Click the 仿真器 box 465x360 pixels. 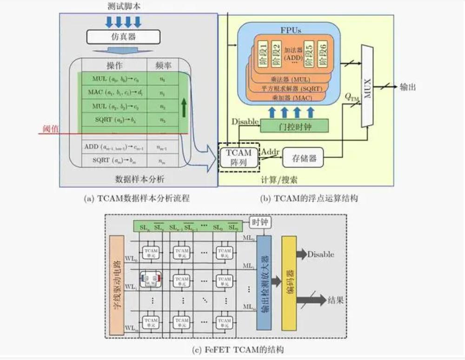click(123, 36)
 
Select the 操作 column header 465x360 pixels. click(114, 65)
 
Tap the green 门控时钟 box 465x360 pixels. click(294, 125)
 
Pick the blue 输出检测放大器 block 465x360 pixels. click(264, 283)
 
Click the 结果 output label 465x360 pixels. click(336, 301)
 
